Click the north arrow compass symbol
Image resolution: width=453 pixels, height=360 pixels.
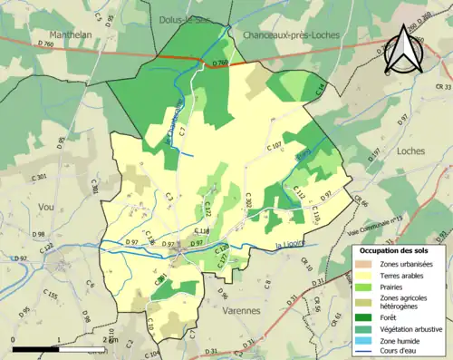pos(402,50)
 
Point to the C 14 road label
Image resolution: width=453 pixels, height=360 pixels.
pos(320,89)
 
